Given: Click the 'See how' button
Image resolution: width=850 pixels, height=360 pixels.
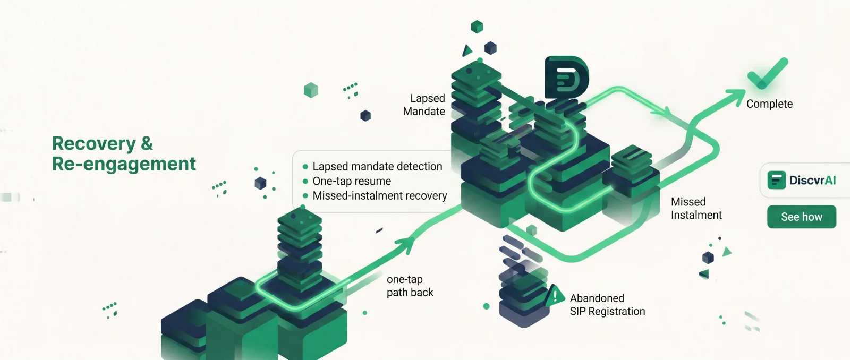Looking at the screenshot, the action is coord(802,217).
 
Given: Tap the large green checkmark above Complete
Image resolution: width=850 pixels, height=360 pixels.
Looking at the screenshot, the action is coord(767,74).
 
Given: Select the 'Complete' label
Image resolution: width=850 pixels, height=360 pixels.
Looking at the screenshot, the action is coord(769,104).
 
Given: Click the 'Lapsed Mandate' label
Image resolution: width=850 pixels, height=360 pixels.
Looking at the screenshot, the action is coord(424,105).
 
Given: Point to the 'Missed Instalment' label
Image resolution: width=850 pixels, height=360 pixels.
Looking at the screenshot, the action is coord(696,208).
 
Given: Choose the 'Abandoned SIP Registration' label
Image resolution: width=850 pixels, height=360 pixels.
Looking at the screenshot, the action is coord(607,305).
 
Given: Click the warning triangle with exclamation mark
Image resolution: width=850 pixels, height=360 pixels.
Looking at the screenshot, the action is coord(555,296).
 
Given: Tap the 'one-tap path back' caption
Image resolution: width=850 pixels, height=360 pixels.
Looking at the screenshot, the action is coord(410,286).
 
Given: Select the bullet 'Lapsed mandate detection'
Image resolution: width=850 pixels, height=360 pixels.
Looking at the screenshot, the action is coord(377,167).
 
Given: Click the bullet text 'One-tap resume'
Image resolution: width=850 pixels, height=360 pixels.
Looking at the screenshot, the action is coord(352,181).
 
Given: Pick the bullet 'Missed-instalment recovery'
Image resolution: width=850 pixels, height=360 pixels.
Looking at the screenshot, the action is coord(380,196).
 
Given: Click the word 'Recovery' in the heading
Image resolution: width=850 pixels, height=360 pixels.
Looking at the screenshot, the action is coord(93,144).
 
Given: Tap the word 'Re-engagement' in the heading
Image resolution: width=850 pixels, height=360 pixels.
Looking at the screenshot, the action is coord(124,164).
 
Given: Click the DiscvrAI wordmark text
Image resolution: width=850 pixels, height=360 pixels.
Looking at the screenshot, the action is coord(812,180).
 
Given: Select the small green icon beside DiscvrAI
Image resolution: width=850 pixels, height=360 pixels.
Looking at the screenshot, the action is coord(776,180).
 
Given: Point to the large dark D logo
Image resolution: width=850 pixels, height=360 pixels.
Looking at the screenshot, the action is coord(566,78).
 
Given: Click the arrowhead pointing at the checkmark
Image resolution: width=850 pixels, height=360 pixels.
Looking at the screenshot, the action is coord(736,97).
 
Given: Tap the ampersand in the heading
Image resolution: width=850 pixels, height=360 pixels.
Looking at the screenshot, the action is coord(147,144).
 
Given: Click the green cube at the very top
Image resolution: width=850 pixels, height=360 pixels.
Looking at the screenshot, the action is coord(477,27).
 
